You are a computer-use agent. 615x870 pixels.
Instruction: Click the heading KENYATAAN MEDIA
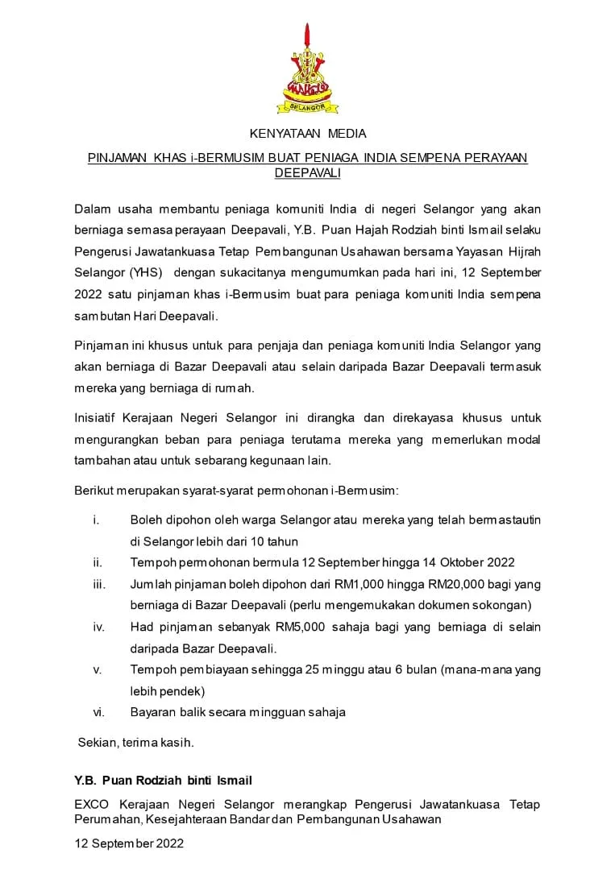307,133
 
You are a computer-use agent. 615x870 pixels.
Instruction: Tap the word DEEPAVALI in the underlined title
307,173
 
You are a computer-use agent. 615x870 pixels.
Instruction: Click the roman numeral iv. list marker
99,627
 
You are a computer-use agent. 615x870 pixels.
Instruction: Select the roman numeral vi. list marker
99,712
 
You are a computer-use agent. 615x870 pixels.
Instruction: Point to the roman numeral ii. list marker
98,562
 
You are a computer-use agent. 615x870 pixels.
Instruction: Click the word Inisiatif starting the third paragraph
99,418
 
